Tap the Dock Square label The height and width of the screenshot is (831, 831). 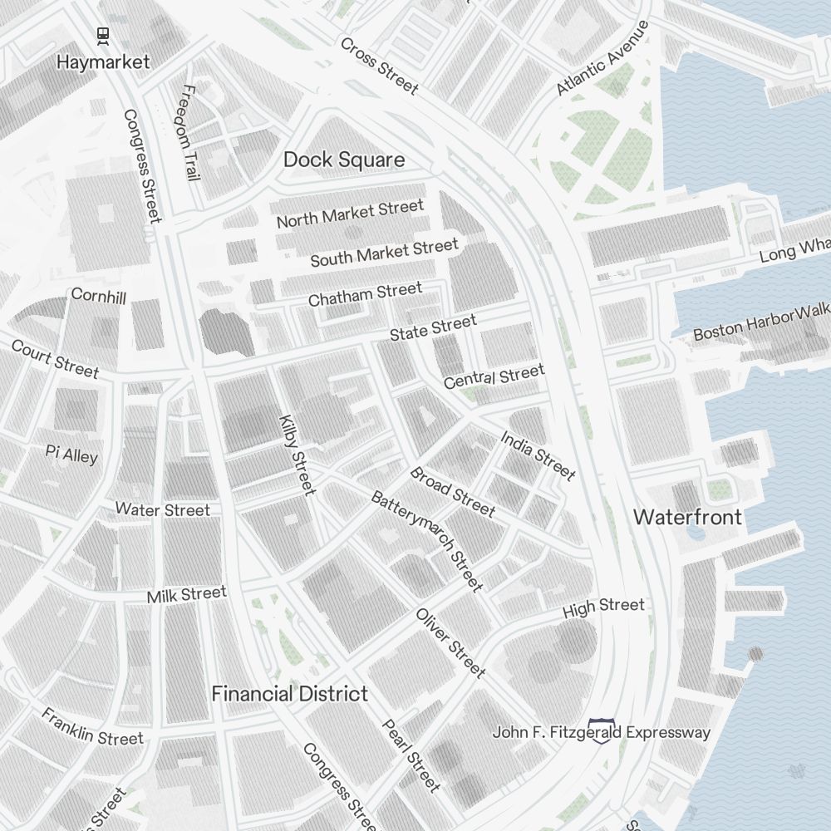click(x=344, y=160)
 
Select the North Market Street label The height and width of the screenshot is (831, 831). click(x=350, y=214)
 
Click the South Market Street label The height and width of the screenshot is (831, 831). click(x=384, y=253)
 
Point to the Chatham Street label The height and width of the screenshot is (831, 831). click(x=365, y=294)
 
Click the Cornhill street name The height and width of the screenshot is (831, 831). click(x=99, y=295)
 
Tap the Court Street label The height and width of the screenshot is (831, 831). click(x=55, y=358)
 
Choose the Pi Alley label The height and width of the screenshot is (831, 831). click(x=71, y=454)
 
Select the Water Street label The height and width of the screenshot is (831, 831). click(x=162, y=509)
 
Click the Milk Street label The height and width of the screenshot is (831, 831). click(x=186, y=595)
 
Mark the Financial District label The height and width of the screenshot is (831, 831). click(x=289, y=693)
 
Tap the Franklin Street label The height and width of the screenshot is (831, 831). click(x=92, y=727)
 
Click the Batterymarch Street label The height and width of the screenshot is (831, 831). click(x=426, y=541)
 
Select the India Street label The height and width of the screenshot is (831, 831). click(x=538, y=455)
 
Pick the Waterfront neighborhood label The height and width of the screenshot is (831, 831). click(x=687, y=517)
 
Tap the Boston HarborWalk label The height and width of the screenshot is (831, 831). click(x=761, y=322)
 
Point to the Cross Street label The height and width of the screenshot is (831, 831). click(x=378, y=65)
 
